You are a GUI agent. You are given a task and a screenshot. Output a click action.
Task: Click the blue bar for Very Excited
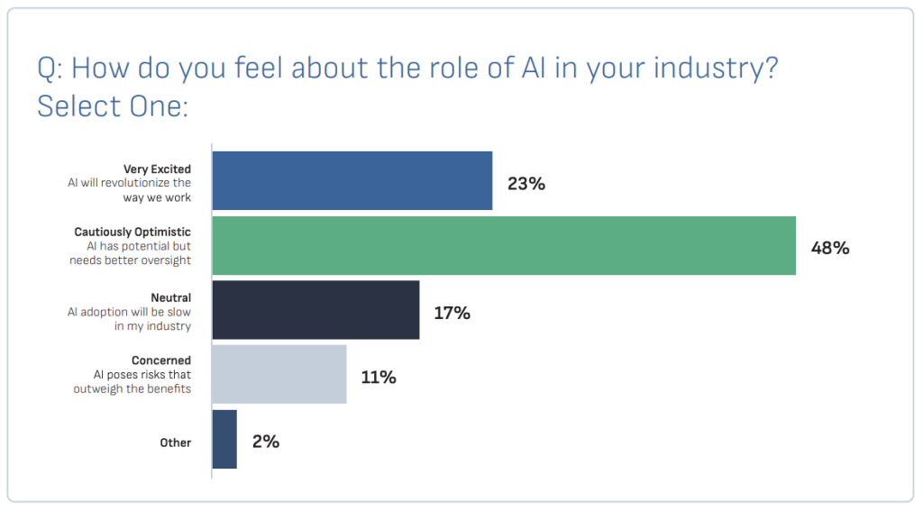pos(352,180)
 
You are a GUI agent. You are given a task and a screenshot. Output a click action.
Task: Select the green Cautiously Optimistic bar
pos(504,245)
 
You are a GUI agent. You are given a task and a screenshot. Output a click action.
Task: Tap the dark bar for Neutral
pos(315,310)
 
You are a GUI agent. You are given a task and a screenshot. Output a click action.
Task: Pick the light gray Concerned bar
pos(279,374)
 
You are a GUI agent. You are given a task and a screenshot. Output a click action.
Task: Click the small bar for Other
pos(224,439)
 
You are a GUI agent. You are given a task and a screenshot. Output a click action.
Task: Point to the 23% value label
pos(526,184)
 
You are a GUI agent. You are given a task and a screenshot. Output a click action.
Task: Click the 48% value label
pos(830,248)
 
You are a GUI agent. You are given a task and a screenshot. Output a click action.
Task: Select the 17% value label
pos(452,313)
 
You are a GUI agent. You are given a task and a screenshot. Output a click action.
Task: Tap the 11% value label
pos(379,377)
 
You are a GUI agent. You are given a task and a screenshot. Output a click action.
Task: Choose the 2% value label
pos(266,442)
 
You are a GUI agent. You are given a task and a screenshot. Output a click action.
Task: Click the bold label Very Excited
pos(157,169)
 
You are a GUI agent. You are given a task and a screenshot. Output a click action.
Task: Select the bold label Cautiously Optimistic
pos(133,233)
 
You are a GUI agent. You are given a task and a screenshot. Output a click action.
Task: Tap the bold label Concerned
pos(161,361)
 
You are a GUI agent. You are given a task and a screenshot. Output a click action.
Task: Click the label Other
pos(176,443)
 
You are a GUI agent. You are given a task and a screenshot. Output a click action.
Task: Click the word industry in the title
pos(708,68)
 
